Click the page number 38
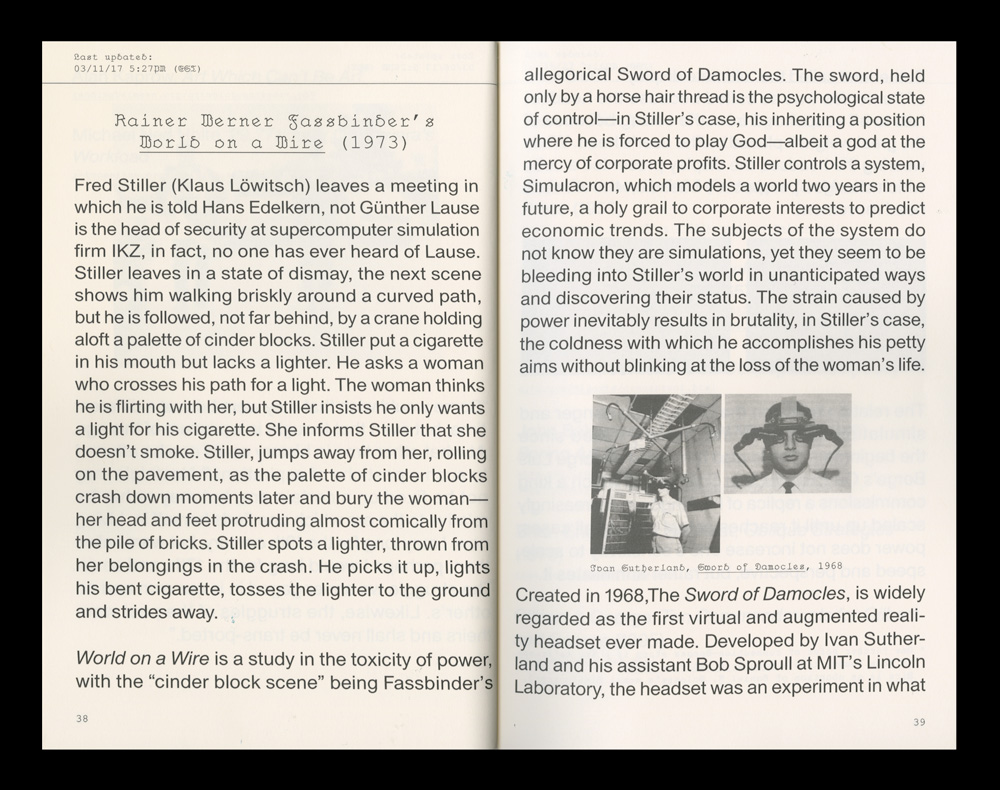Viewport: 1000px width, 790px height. (81, 719)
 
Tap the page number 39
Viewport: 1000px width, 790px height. (919, 722)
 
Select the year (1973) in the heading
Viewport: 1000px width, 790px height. (374, 142)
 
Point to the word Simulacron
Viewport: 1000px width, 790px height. (569, 186)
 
